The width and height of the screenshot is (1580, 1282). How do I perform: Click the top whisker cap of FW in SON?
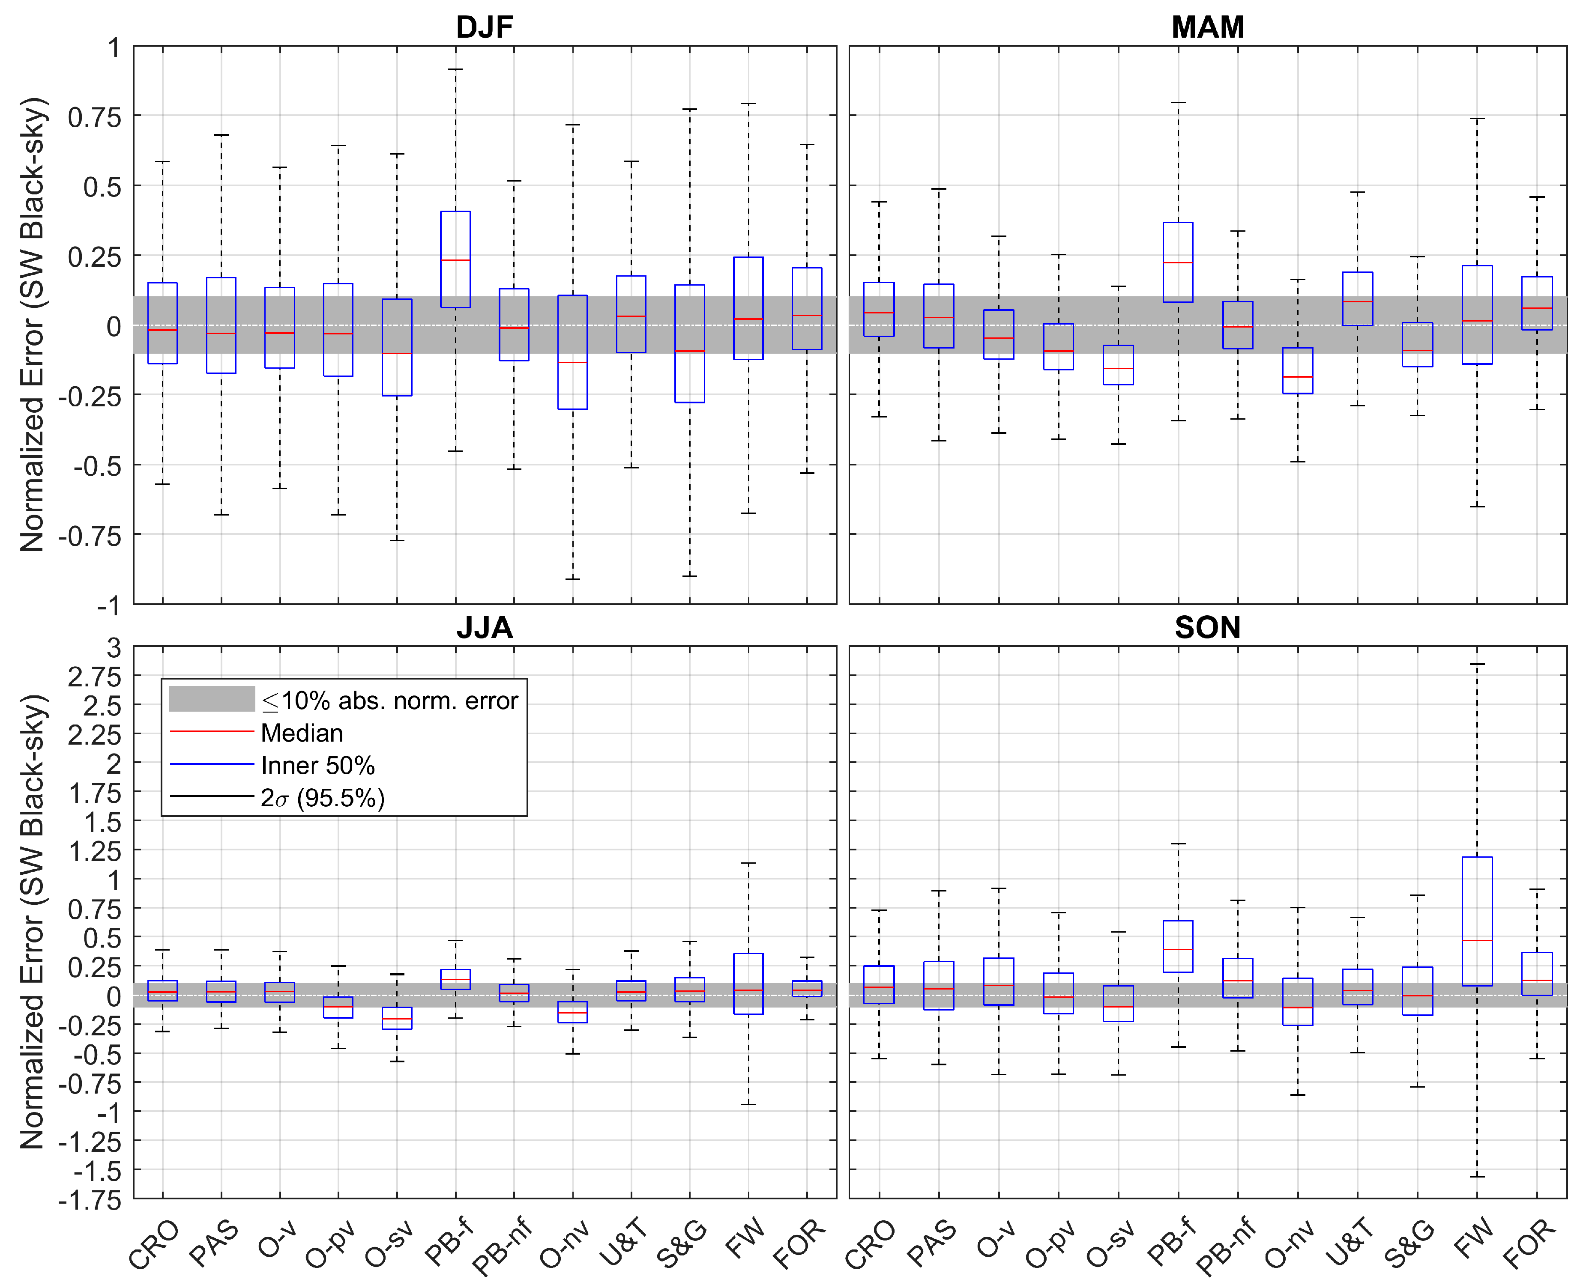(1477, 664)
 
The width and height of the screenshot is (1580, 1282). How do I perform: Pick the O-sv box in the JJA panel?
(397, 1018)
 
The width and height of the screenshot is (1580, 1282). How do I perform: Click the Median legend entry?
(301, 733)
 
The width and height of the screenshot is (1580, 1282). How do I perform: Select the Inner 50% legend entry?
(317, 765)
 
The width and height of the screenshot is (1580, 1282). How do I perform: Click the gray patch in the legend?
(212, 699)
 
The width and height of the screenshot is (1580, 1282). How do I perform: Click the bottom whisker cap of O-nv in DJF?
(572, 578)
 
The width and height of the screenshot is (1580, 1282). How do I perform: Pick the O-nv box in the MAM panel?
(1297, 371)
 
